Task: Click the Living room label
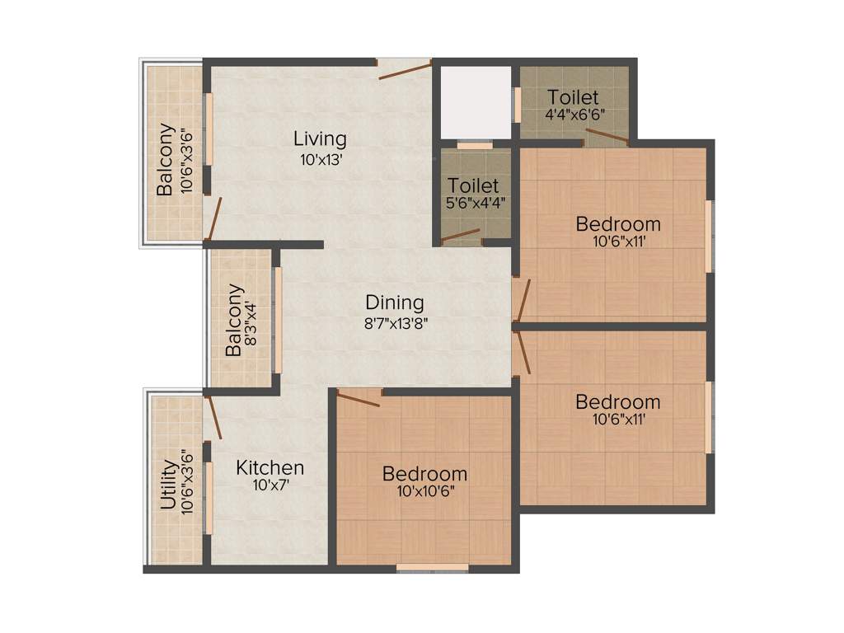point(321,138)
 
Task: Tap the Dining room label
point(395,302)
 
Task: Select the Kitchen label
point(270,468)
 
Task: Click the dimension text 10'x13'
point(321,160)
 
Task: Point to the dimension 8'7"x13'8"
point(395,323)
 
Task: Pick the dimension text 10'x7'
point(270,486)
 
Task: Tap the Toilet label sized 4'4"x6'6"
point(573,98)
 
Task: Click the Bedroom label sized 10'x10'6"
point(424,474)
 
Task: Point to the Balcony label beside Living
point(166,159)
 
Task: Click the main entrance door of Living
point(404,69)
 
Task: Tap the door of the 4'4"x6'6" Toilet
point(606,137)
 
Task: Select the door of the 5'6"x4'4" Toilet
point(462,237)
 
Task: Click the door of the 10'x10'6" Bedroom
point(358,399)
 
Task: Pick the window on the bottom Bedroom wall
point(432,568)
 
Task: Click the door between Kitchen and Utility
point(213,415)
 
